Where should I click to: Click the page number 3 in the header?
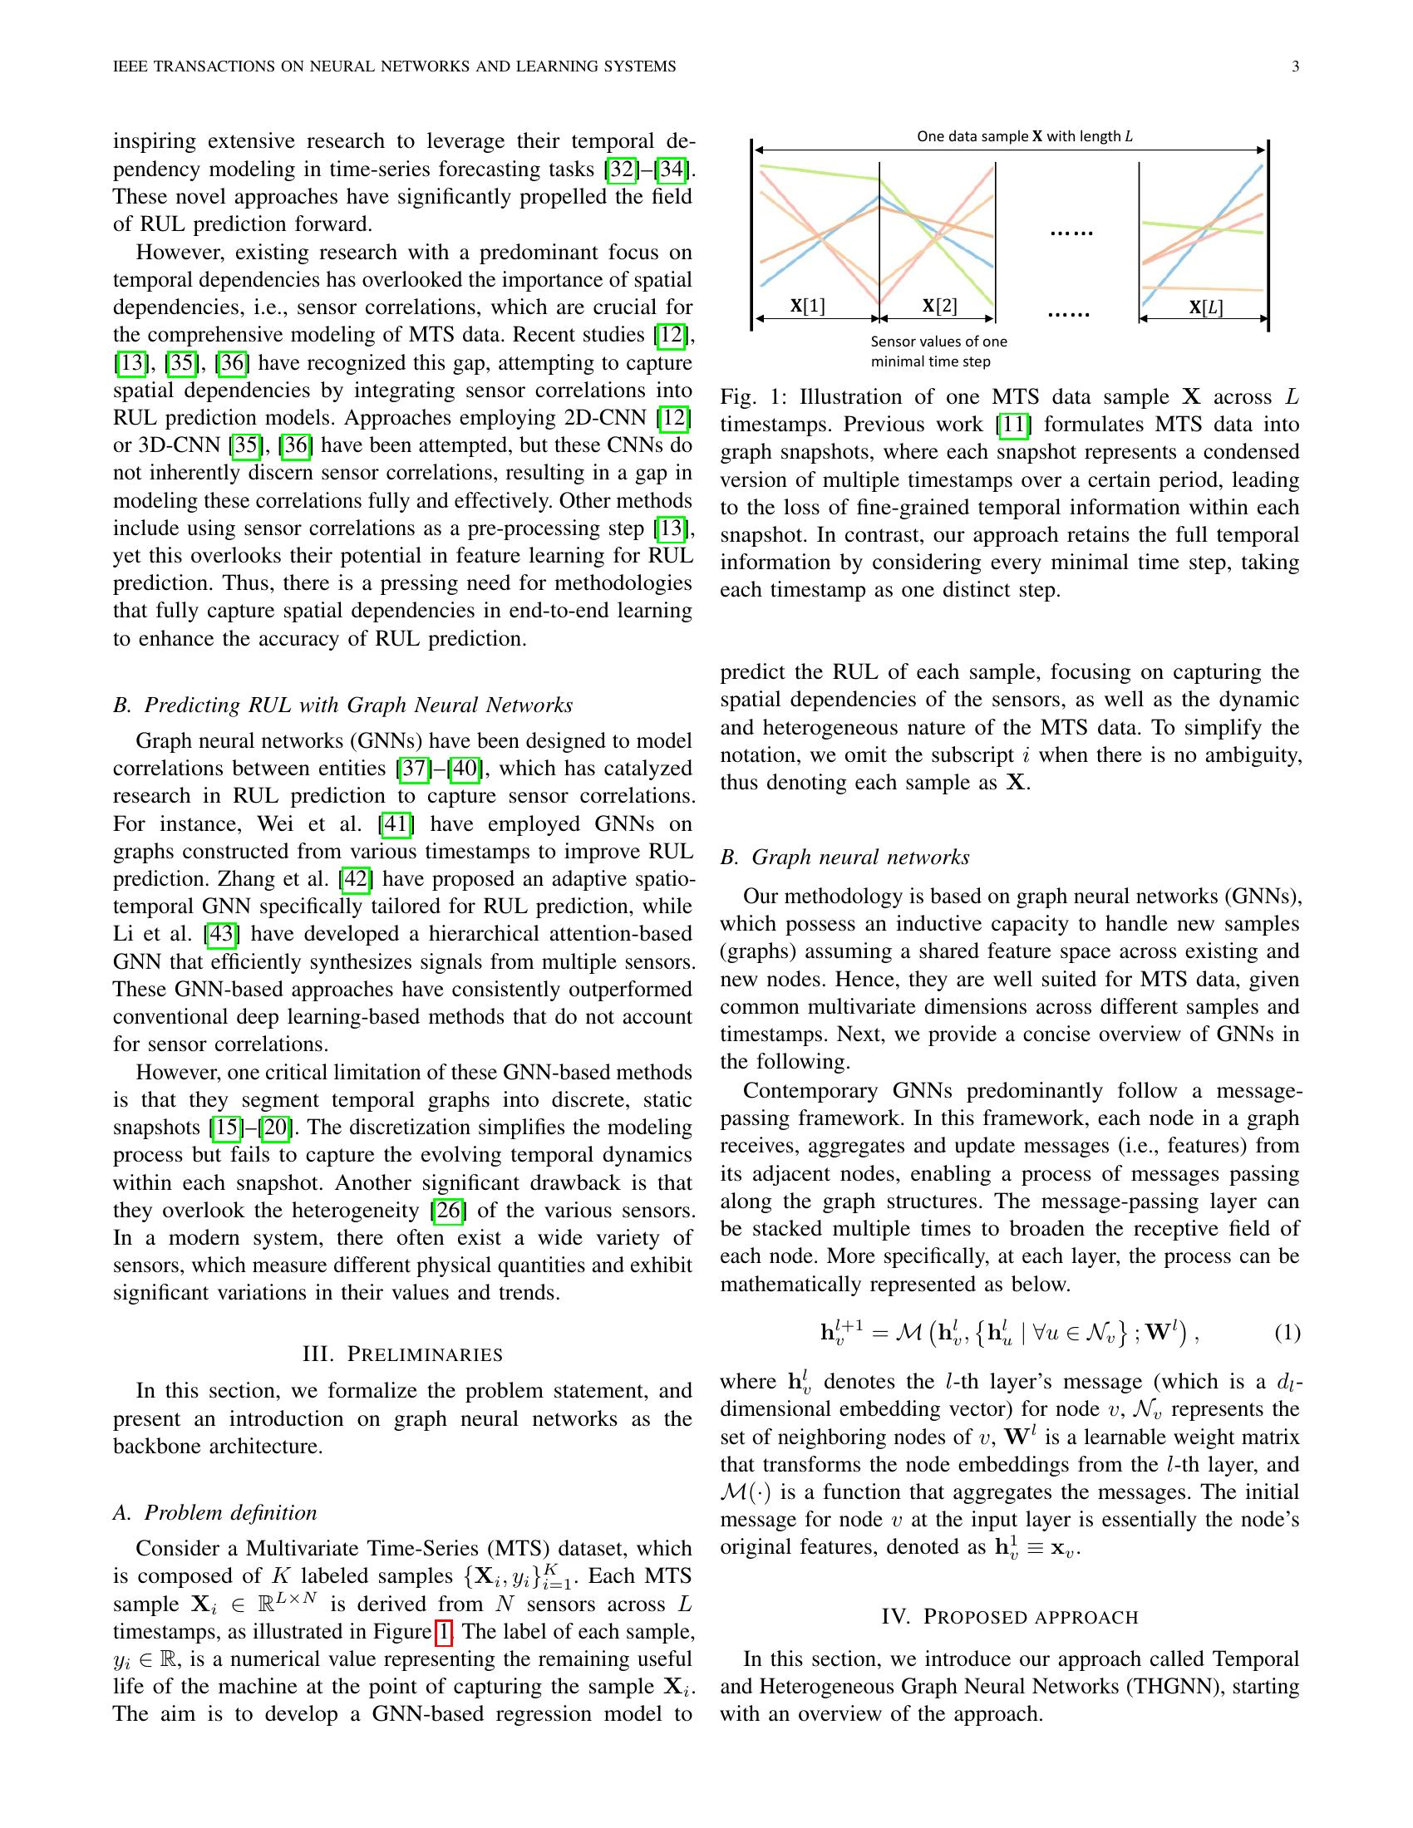[x=1295, y=67]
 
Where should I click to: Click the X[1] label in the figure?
[x=808, y=307]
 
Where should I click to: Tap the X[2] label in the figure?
[x=939, y=307]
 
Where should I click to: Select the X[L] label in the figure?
[x=1205, y=307]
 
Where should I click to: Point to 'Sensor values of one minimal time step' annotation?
[x=938, y=351]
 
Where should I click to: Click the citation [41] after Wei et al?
[x=395, y=824]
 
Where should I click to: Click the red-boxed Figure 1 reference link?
[x=444, y=1631]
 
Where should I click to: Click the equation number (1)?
[x=1287, y=1333]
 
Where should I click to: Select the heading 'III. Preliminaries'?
[x=401, y=1354]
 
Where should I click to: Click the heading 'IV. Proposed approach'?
[x=1010, y=1616]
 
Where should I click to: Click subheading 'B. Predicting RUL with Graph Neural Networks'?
[x=342, y=705]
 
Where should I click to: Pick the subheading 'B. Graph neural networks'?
[x=844, y=857]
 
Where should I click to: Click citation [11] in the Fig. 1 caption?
[x=1014, y=425]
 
